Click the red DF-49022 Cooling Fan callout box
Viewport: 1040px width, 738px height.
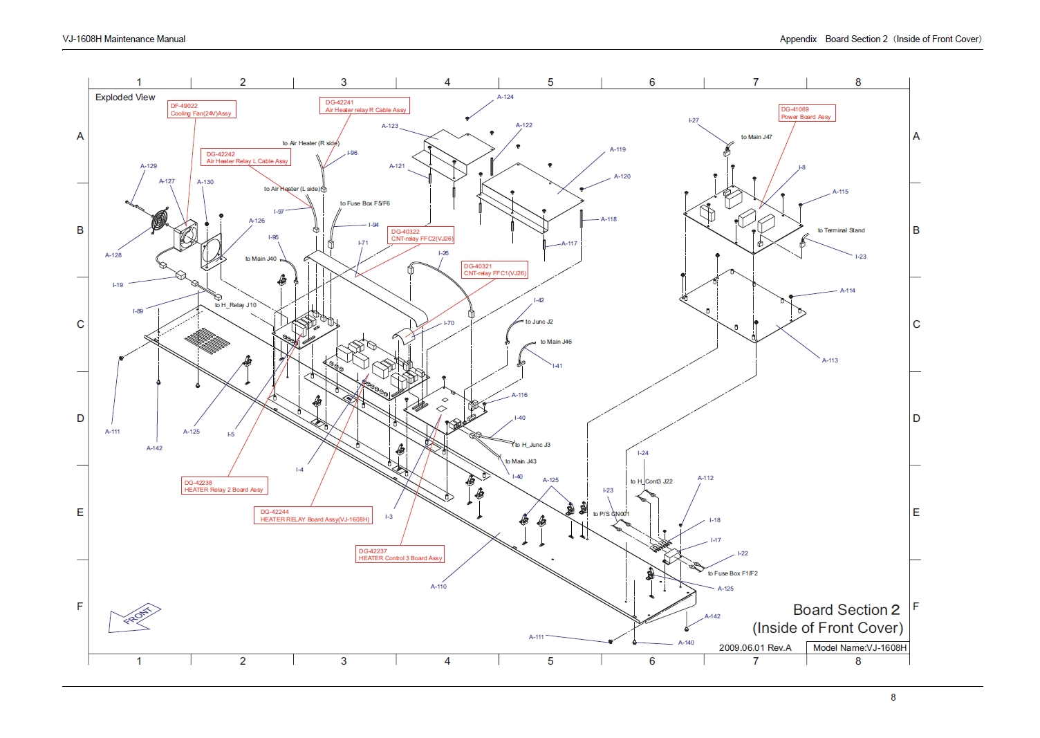[201, 110]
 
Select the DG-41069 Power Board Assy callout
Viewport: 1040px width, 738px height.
[806, 113]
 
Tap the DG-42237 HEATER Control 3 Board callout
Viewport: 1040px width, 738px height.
[400, 555]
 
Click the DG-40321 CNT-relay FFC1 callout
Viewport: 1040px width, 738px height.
[494, 270]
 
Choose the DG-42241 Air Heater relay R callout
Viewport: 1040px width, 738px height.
[365, 106]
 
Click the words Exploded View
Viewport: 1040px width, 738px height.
[125, 98]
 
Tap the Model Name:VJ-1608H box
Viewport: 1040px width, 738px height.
[858, 648]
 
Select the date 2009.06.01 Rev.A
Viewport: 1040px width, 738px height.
[754, 648]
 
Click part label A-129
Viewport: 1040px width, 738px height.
[149, 166]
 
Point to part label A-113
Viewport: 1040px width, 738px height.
[830, 360]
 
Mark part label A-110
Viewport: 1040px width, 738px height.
[438, 587]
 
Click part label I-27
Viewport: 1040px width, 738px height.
[694, 120]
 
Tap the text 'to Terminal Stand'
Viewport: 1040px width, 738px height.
[841, 230]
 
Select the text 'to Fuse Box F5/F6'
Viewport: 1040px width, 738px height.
[364, 203]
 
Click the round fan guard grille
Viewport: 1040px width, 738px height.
[160, 219]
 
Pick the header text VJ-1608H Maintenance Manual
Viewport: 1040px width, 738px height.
[124, 39]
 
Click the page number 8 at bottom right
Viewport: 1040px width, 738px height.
[893, 697]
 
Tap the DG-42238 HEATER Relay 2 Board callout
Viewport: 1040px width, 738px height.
[223, 486]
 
